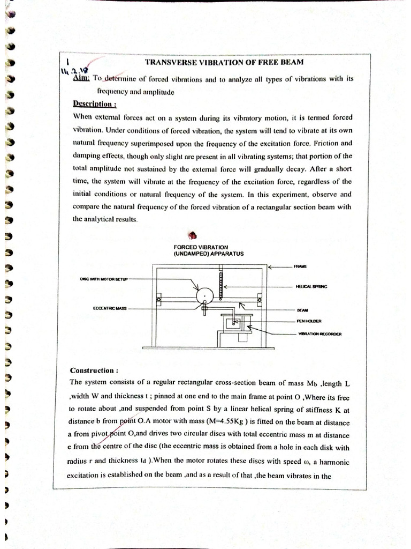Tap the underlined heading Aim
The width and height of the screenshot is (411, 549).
pos(81,78)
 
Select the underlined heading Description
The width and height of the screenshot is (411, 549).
pos(95,104)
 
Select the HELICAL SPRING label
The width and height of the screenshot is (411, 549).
pos(311,287)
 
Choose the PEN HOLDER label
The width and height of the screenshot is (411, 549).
pos(309,321)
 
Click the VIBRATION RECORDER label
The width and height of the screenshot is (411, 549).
pos(320,333)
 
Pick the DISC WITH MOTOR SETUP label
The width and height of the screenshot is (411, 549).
pos(101,279)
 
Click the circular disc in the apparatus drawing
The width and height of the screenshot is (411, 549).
pos(204,296)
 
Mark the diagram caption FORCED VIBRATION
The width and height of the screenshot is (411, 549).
pos(193,247)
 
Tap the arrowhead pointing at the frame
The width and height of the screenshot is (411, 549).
pos(270,266)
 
